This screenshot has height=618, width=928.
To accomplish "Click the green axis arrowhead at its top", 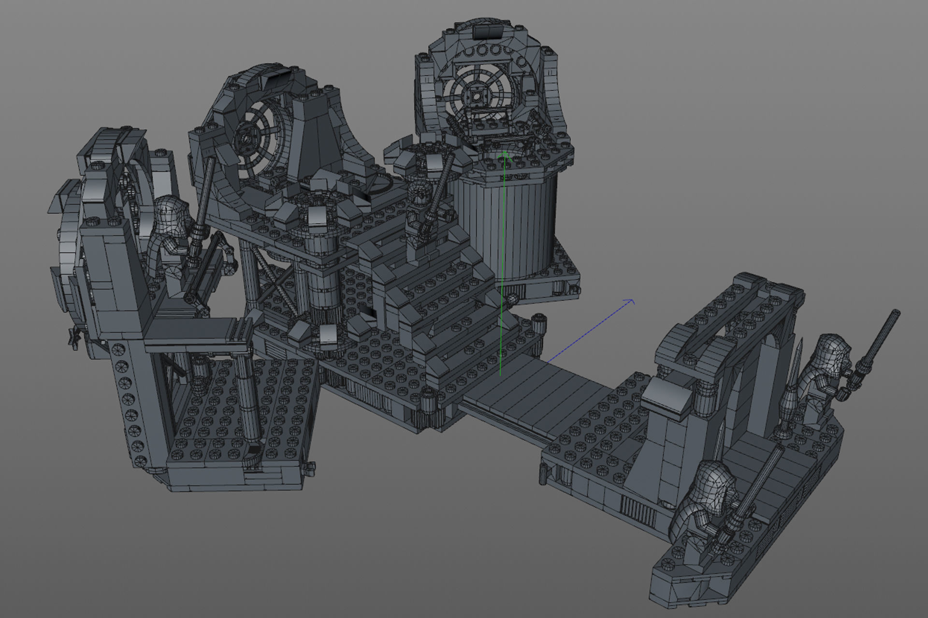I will click(505, 154).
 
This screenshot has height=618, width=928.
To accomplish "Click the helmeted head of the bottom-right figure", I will click(713, 488).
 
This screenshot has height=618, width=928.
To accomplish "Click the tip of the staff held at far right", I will click(896, 313).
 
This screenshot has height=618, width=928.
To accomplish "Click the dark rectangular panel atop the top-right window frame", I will click(487, 32).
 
